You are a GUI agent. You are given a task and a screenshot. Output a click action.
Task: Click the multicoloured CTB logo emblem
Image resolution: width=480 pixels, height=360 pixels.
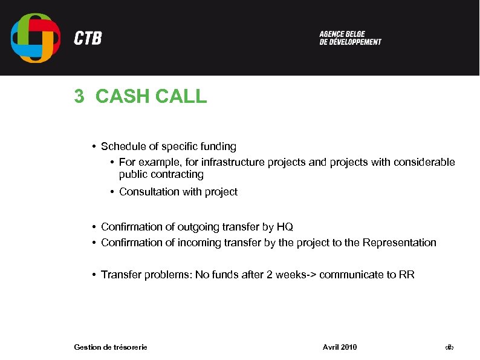[x=36, y=38]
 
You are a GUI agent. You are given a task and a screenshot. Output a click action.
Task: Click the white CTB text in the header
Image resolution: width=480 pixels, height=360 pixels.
[x=88, y=39]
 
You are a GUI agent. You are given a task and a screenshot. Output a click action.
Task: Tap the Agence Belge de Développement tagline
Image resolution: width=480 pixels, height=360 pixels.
[x=350, y=38]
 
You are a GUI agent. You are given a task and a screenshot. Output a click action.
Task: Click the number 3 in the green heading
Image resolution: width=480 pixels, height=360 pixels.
[x=79, y=96]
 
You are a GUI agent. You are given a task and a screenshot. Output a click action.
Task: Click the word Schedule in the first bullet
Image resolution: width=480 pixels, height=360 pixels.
[x=123, y=146]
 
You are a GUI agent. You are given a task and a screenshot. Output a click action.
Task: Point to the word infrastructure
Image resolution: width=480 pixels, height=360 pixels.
[x=228, y=162]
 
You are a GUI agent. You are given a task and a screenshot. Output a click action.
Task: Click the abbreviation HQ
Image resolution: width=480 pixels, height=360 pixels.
[x=285, y=227]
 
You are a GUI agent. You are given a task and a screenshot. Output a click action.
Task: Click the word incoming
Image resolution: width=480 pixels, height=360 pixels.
[x=199, y=243]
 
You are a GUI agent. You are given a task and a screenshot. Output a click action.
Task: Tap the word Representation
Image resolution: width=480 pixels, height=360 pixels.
[x=399, y=243]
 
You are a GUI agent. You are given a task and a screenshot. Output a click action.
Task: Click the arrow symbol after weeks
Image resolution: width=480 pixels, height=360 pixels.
[x=311, y=275]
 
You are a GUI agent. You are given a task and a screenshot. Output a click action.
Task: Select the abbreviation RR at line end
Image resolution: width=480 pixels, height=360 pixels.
[x=407, y=275]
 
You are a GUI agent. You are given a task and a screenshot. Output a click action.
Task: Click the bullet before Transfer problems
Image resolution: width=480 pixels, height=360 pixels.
[x=95, y=275]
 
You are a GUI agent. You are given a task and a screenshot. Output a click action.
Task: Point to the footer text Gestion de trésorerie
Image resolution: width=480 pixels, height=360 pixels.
[x=111, y=347]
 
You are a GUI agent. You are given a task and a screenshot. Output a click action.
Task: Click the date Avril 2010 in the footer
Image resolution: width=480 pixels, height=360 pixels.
[x=340, y=347]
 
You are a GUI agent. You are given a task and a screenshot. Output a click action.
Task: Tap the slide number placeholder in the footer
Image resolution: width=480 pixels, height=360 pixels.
[x=449, y=347]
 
